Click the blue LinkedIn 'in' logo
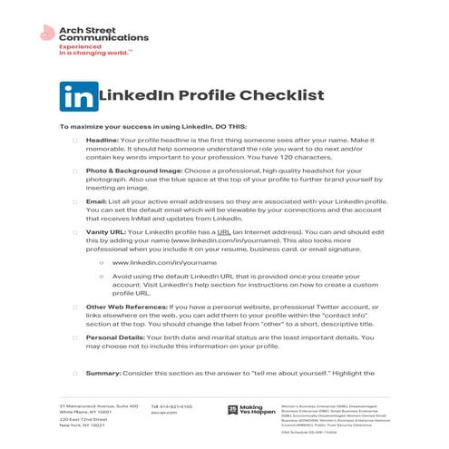76,94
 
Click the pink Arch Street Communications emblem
48,35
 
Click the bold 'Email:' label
97,200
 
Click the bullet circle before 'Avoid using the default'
101,278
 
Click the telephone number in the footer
172,405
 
